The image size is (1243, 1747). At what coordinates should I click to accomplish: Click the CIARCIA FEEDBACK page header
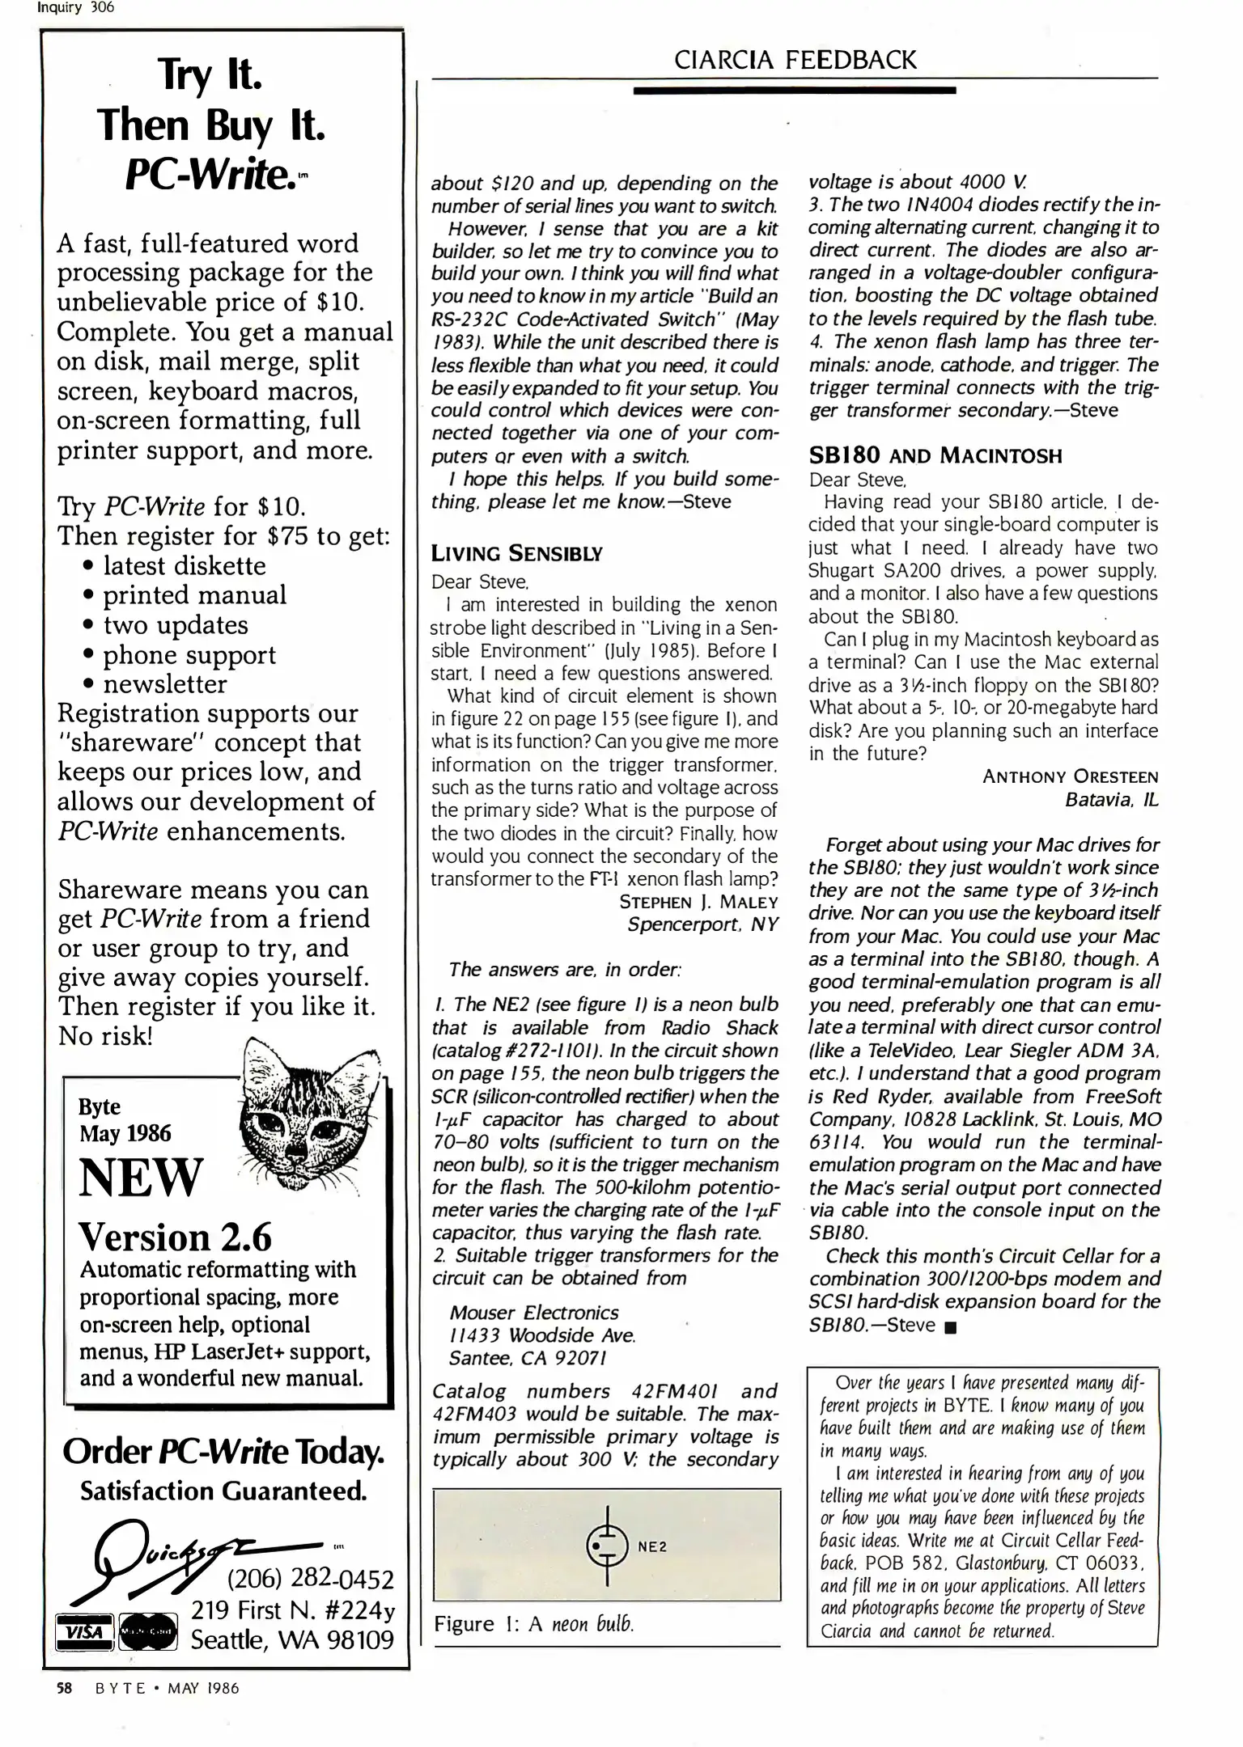coord(795,60)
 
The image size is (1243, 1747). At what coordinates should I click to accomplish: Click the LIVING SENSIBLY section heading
coord(516,554)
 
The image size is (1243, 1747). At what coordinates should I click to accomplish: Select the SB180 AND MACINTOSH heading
coord(935,456)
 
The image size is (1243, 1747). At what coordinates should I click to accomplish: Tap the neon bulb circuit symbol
coord(606,1546)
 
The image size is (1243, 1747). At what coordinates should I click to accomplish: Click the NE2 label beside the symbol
coord(652,1546)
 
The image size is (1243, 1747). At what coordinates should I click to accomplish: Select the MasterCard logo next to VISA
coord(148,1631)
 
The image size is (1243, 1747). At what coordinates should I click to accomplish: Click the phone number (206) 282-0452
coord(310,1579)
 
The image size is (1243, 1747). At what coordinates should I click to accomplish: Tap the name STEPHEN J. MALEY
coord(698,902)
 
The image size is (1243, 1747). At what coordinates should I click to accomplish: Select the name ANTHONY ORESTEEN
coord(1070,776)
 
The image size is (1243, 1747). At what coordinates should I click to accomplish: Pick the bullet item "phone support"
coord(189,654)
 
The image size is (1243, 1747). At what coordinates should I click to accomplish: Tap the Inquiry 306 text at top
coord(76,8)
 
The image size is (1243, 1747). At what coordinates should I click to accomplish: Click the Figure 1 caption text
coord(534,1624)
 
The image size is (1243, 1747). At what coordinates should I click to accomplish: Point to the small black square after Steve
coord(950,1327)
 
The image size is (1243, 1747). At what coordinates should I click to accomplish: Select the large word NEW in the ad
coord(141,1178)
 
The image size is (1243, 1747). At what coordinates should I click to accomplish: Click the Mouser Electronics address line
coord(533,1313)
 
